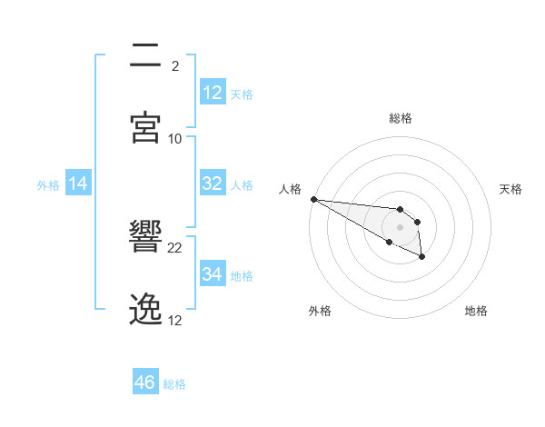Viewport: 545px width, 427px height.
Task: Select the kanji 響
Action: [x=147, y=238]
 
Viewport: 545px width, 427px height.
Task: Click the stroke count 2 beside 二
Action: [x=174, y=66]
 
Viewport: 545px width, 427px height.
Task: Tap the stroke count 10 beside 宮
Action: [x=175, y=138]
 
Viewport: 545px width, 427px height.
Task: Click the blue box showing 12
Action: [x=213, y=92]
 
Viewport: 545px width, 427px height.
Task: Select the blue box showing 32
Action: [x=213, y=184]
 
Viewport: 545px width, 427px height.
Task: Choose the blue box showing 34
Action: [x=213, y=273]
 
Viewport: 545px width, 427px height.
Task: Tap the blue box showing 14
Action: [x=78, y=184]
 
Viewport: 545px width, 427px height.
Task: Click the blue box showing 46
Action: [x=144, y=382]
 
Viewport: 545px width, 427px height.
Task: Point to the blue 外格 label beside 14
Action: [x=48, y=185]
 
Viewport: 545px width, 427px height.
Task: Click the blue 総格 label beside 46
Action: [x=174, y=384]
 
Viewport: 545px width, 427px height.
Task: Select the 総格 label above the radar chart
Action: [x=400, y=118]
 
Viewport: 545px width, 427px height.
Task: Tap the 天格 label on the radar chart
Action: [x=510, y=189]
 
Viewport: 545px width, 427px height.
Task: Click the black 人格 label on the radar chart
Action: [x=290, y=189]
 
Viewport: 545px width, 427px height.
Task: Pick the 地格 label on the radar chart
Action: [x=476, y=311]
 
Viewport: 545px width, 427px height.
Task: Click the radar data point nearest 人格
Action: [x=313, y=199]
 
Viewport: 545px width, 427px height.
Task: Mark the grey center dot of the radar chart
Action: [x=400, y=227]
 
